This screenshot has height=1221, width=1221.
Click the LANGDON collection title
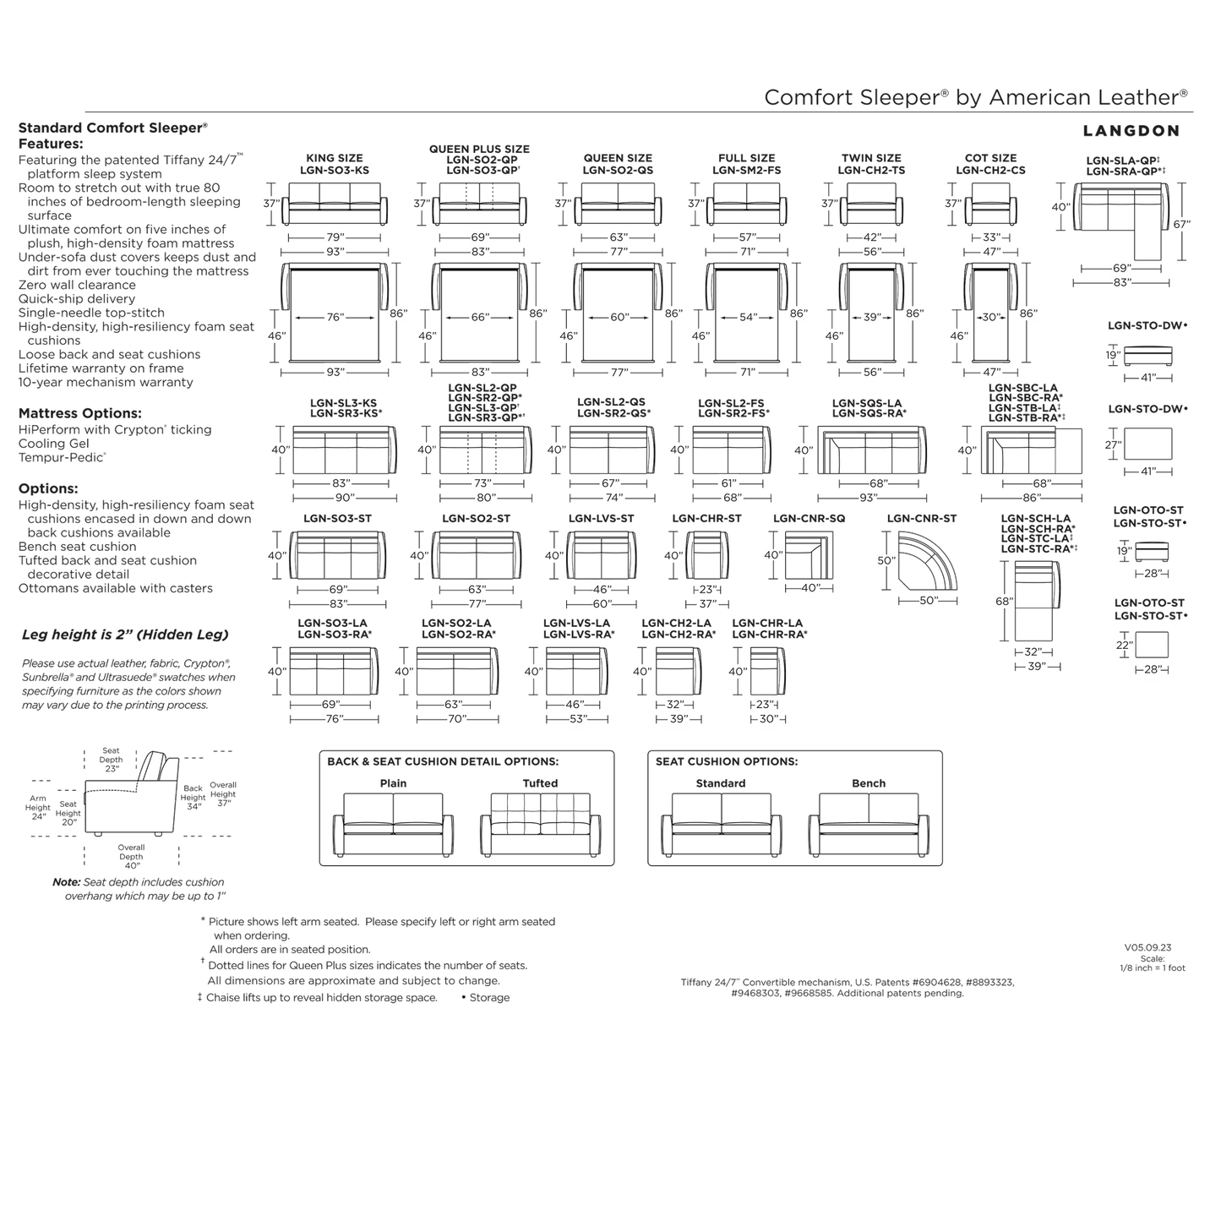point(1131,131)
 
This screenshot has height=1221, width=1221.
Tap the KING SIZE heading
point(335,158)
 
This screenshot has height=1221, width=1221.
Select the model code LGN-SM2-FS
point(746,171)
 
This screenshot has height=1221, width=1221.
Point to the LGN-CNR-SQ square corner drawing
point(809,555)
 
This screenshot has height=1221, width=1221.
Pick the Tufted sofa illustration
point(540,825)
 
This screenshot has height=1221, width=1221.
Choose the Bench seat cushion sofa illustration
point(869,825)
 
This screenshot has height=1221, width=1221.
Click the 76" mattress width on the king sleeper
point(335,318)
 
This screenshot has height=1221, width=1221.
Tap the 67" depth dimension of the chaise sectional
point(1182,224)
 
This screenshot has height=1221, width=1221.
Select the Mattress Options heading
point(79,413)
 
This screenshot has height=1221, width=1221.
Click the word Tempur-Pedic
point(62,457)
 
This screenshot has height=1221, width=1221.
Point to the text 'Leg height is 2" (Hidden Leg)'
point(125,635)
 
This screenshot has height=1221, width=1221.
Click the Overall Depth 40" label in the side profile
point(131,856)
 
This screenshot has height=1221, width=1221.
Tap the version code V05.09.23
point(1148,948)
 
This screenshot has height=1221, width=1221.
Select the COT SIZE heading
point(990,158)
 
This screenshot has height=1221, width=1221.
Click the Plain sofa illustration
point(393,825)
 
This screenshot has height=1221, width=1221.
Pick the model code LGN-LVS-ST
point(602,518)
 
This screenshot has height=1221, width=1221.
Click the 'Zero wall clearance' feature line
point(77,285)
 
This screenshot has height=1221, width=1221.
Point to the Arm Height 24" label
point(38,807)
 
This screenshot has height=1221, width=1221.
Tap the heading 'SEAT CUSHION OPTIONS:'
point(726,761)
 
